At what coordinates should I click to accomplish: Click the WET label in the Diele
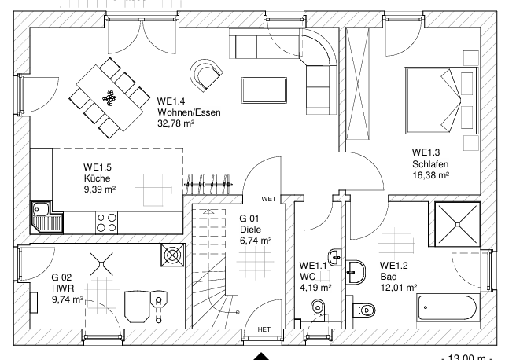coord(268,199)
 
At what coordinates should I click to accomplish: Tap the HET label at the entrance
coord(264,329)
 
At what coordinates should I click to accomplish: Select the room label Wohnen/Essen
coord(189,112)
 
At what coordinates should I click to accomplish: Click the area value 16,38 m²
coord(431,175)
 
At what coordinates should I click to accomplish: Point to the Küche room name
coord(98,178)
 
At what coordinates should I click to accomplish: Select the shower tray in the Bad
coord(457,224)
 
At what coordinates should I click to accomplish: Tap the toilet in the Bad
coord(364,310)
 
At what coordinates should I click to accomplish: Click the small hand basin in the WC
coord(334,257)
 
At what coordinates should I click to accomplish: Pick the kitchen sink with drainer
coord(47,217)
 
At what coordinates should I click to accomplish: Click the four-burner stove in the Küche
coord(107,222)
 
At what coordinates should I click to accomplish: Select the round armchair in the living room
coord(206,75)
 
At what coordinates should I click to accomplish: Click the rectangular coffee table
coord(264,90)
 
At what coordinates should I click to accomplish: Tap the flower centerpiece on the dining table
coord(110,97)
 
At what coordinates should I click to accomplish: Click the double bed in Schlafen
coord(440,101)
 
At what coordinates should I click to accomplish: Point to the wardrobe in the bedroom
coord(357,83)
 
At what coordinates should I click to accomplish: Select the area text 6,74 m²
coord(256,241)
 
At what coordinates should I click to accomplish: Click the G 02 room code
coord(61,277)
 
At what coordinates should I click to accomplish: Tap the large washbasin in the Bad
coord(356,272)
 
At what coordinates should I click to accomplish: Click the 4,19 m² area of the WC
coord(315,287)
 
